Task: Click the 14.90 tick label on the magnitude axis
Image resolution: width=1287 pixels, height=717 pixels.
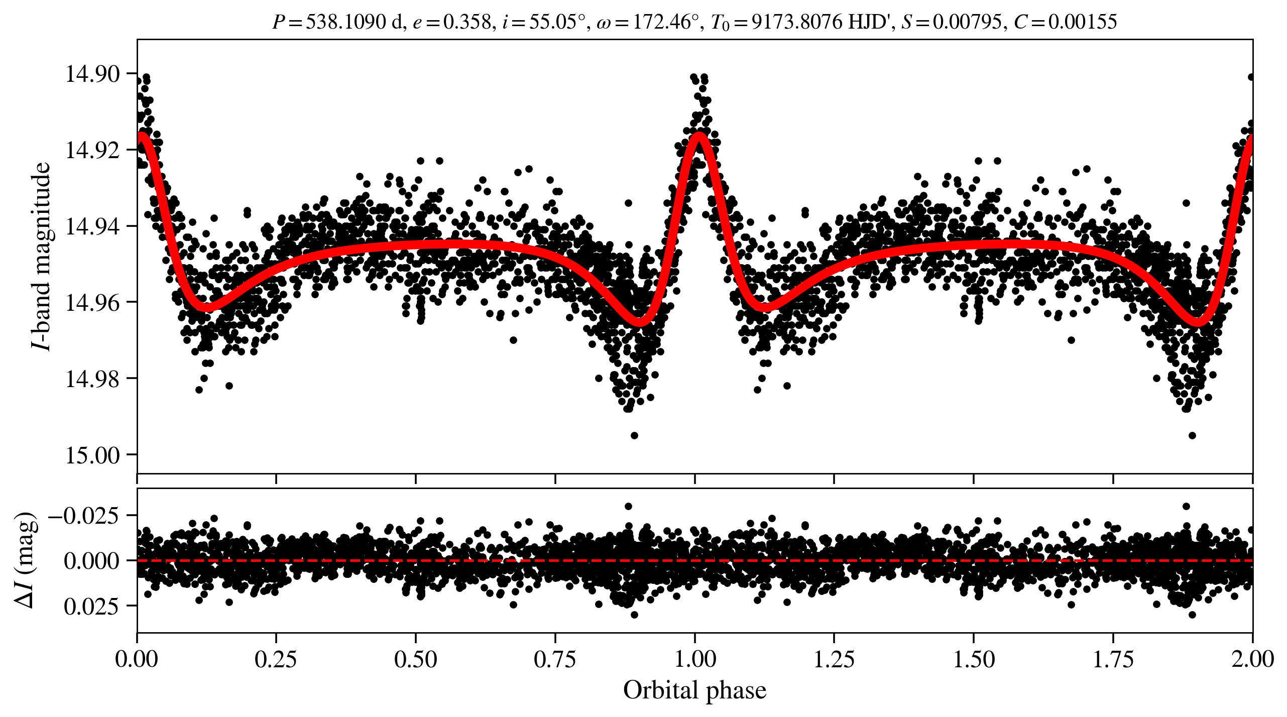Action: pos(92,74)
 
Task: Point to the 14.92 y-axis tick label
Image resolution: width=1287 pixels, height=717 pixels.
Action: pos(92,150)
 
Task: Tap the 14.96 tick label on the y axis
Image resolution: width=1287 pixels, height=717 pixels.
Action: pos(92,303)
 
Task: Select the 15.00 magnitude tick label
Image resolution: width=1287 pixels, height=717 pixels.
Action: pos(92,455)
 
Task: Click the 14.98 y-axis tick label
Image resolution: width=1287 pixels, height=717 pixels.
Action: pos(92,379)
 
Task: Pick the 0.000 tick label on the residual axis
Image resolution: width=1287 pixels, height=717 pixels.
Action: pos(91,561)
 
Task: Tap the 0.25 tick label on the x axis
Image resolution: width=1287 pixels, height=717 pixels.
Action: pos(276,659)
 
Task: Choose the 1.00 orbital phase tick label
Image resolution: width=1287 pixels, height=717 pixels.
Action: pos(694,659)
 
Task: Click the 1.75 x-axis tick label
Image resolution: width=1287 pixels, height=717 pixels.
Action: pos(1113,659)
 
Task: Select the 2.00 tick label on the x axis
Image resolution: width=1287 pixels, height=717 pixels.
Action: pos(1252,659)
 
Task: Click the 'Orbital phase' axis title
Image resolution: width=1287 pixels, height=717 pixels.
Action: pos(694,690)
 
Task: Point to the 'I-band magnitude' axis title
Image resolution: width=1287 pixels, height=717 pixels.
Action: pos(41,256)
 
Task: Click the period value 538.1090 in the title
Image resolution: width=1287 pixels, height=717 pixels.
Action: pos(346,22)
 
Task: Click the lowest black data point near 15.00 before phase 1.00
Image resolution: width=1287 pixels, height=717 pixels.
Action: pos(634,435)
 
